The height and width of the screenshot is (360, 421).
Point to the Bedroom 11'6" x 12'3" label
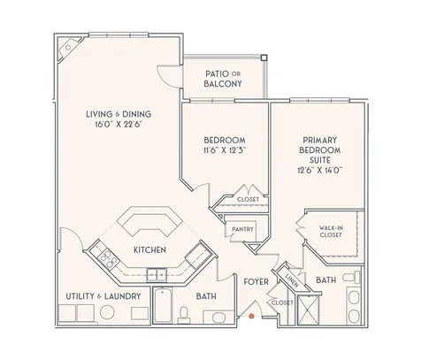224,145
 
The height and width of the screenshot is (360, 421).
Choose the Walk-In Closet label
332,232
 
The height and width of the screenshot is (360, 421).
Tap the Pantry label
242,229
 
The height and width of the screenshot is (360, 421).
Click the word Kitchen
150,250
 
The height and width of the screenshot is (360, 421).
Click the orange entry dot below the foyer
253,313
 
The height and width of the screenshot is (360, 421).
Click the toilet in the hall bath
183,313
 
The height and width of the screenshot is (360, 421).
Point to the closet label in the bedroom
249,200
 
